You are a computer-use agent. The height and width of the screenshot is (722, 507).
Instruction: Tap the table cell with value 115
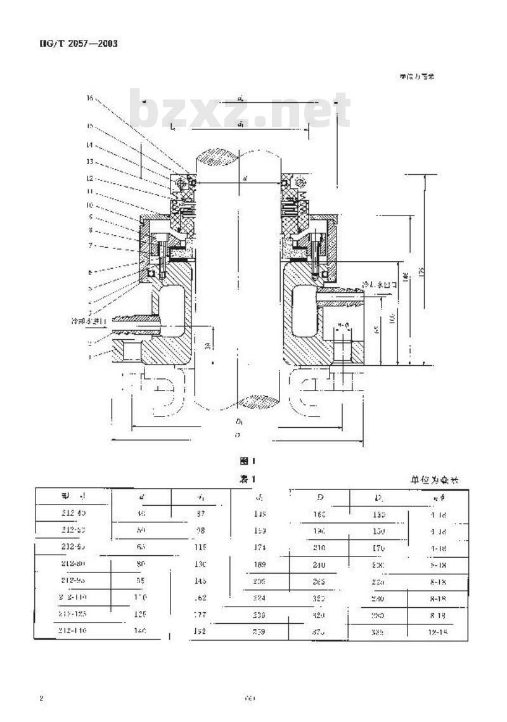coord(200,547)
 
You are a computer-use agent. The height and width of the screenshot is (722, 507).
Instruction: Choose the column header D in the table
coord(320,496)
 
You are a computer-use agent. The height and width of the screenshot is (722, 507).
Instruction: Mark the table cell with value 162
coord(200,597)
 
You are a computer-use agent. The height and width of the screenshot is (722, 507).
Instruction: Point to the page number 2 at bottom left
coord(41,699)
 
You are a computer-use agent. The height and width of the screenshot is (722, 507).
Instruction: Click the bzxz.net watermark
coord(241,109)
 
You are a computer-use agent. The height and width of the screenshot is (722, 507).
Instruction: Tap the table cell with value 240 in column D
coord(319,565)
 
